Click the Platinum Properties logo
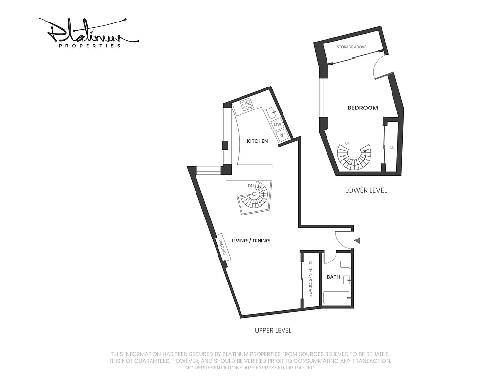[x=88, y=33]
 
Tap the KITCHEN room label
[x=257, y=141]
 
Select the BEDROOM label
[x=362, y=108]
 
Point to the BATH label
[x=333, y=277]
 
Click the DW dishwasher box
[x=278, y=124]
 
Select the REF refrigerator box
[x=282, y=135]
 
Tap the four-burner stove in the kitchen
[x=246, y=105]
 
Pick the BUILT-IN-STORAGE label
[x=310, y=279]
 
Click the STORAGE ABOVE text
[x=351, y=47]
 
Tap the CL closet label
[x=392, y=147]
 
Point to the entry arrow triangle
[x=357, y=240]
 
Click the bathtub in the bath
[x=336, y=298]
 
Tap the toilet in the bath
[x=345, y=265]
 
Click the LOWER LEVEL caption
[x=366, y=190]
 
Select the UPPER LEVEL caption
[x=273, y=330]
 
